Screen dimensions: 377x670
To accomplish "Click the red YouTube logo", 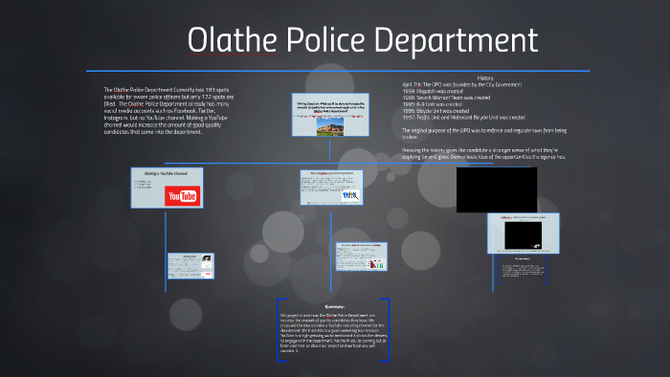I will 181,196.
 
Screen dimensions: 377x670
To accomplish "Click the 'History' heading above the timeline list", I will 485,78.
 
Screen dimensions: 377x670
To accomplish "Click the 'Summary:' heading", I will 334,305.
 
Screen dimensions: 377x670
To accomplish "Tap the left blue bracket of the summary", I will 277,330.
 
